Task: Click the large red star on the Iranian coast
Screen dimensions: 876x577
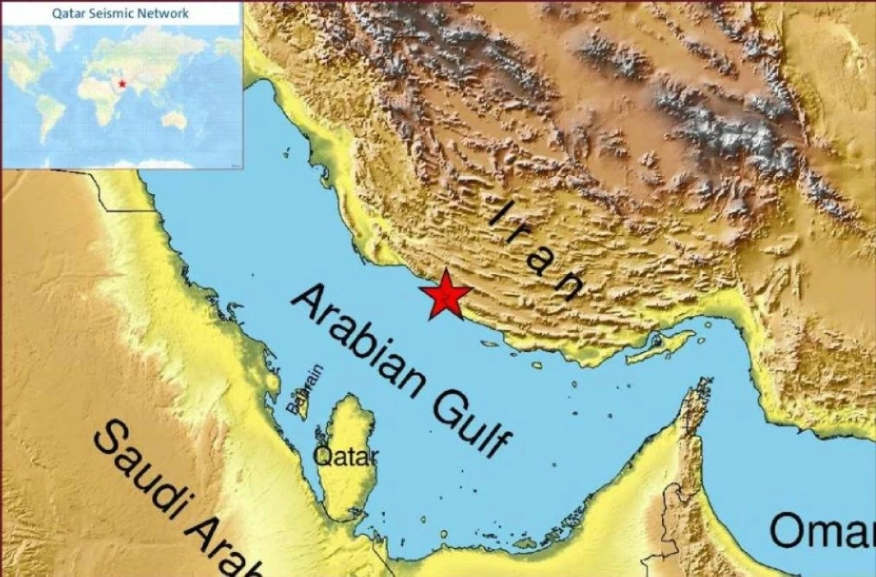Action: [445, 294]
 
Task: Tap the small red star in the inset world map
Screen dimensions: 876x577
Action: [122, 83]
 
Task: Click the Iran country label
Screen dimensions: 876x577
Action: [537, 252]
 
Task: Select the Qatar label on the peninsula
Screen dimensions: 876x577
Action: [345, 456]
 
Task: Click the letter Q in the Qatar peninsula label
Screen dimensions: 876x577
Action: [321, 456]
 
